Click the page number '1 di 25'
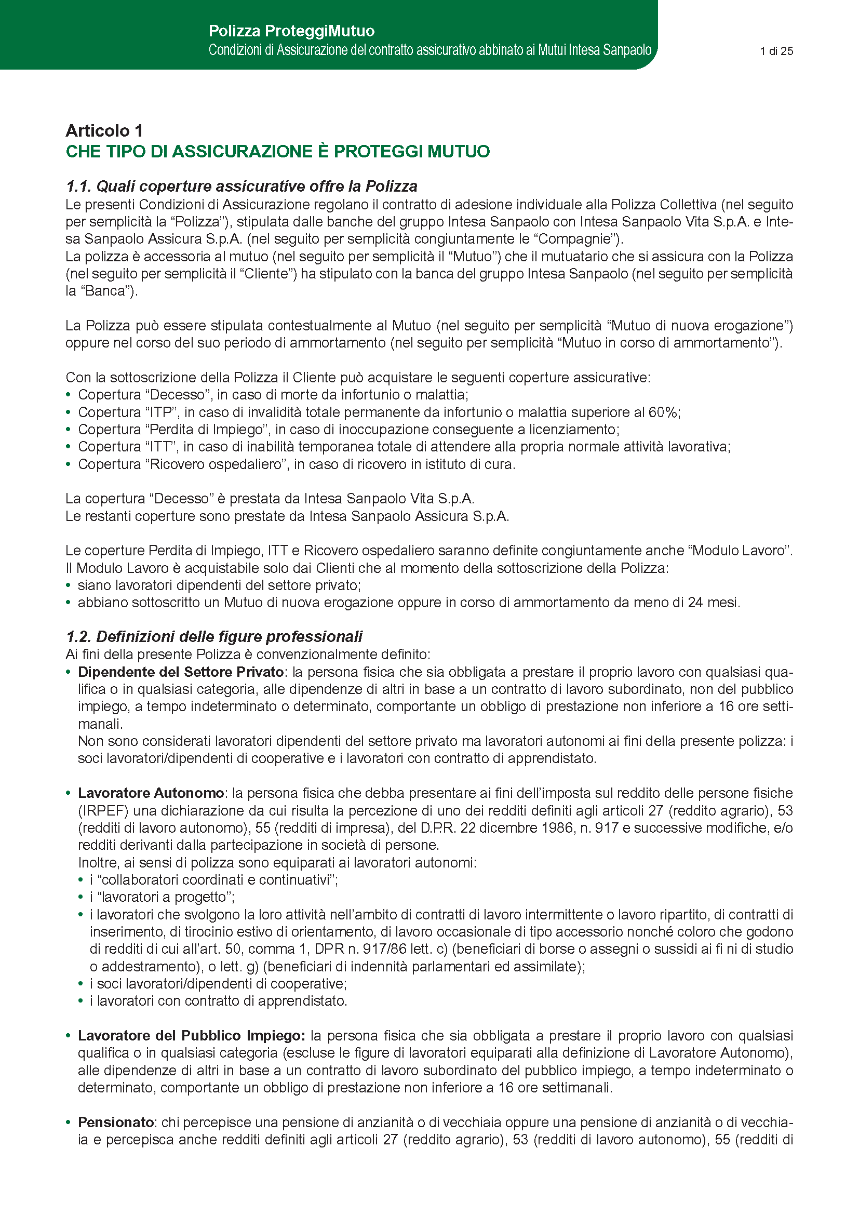[x=776, y=51]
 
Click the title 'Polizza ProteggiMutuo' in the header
[x=291, y=31]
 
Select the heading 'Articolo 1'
[x=104, y=131]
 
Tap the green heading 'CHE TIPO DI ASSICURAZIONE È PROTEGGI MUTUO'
[x=278, y=151]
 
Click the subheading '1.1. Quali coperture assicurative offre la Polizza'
[x=241, y=186]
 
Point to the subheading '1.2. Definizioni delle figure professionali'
[x=214, y=637]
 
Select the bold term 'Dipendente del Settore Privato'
[x=180, y=672]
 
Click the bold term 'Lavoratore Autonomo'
[x=151, y=793]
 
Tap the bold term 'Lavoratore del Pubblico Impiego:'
[x=191, y=1036]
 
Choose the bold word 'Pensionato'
[x=116, y=1123]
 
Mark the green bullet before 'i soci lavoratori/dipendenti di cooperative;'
[x=81, y=984]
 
